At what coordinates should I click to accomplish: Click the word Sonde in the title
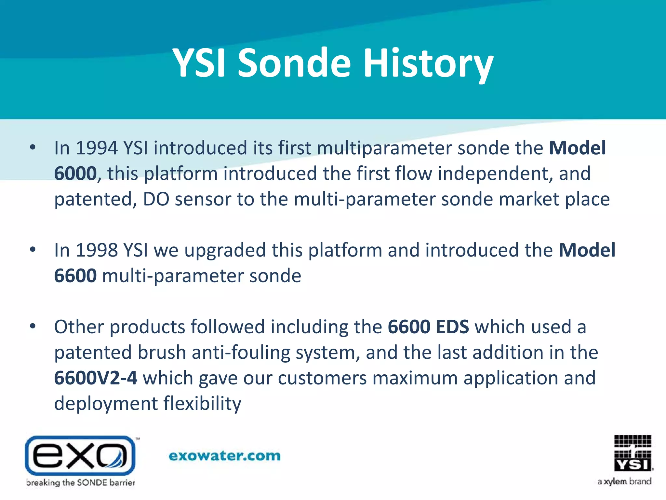click(x=294, y=63)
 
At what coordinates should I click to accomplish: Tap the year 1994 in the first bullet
click(x=96, y=148)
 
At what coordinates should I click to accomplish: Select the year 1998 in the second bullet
click(x=96, y=250)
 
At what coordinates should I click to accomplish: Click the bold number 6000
click(x=75, y=174)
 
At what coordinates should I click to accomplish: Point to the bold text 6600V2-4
click(x=96, y=378)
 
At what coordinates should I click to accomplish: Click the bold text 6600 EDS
click(x=428, y=327)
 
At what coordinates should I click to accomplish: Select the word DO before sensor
click(x=156, y=199)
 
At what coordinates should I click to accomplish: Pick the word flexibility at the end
click(x=202, y=404)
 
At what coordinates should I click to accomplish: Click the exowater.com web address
click(x=224, y=456)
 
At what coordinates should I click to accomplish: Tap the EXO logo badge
click(x=80, y=455)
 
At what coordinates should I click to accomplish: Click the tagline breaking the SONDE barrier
click(x=81, y=482)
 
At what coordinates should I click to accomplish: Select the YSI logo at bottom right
click(x=633, y=453)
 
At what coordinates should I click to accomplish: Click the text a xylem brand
click(x=624, y=481)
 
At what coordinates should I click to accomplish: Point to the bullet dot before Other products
click(x=33, y=326)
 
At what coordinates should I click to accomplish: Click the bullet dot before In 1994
click(x=33, y=147)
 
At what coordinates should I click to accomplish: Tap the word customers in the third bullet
click(x=322, y=378)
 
